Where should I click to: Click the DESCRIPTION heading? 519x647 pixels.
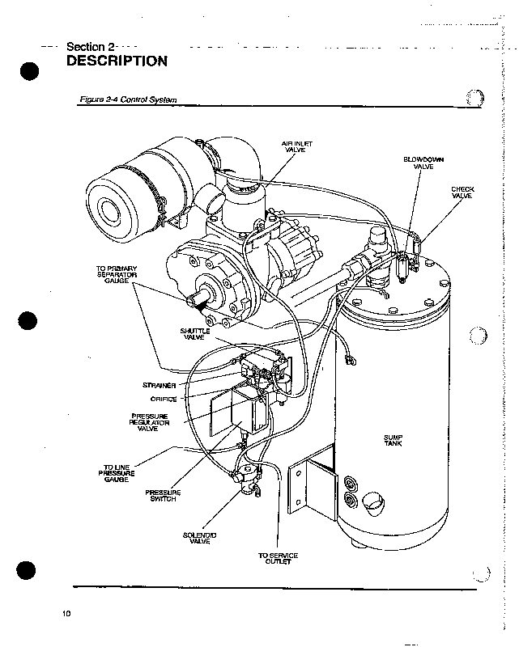click(117, 61)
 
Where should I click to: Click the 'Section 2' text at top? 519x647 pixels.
click(91, 45)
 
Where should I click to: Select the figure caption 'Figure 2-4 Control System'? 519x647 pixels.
click(127, 100)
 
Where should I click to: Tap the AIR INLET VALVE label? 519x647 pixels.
click(296, 146)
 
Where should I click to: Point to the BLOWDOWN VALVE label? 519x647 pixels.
click(419, 163)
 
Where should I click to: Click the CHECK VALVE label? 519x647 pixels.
click(462, 192)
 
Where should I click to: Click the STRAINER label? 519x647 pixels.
click(160, 385)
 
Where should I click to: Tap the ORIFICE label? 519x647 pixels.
click(163, 398)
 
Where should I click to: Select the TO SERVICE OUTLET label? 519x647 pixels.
click(278, 558)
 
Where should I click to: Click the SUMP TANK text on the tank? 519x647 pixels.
click(394, 441)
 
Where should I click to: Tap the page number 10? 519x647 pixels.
click(66, 614)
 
